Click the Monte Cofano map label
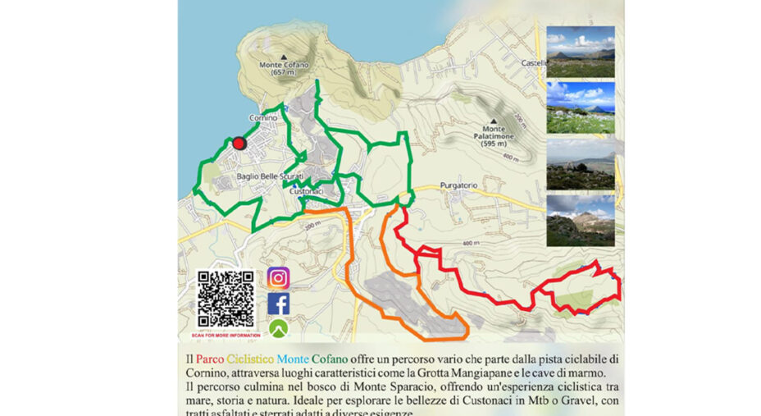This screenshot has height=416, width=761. click(282, 68)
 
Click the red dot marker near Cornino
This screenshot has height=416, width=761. click(239, 143)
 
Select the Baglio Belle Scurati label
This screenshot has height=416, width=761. click(270, 176)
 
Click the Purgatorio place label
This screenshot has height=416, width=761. click(458, 185)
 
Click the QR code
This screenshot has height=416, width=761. click(226, 299)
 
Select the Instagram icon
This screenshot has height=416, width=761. click(279, 278)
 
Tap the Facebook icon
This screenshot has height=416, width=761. click(279, 304)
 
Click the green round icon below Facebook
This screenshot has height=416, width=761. click(279, 328)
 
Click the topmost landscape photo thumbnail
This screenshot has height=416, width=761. click(580, 51)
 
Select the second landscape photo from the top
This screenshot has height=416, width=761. click(580, 107)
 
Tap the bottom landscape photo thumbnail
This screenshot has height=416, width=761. click(580, 219)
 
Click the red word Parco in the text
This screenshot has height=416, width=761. click(209, 359)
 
